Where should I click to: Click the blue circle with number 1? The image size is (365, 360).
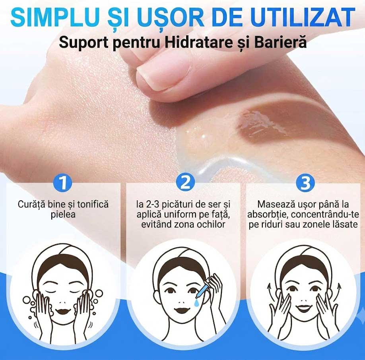pyautogui.click(x=63, y=183)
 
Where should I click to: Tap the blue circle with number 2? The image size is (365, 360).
pyautogui.click(x=185, y=182)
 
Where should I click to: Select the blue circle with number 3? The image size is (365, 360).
pyautogui.click(x=305, y=183)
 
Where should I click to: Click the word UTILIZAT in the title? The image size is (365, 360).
pyautogui.click(x=303, y=17)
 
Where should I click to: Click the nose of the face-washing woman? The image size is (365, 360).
pyautogui.click(x=62, y=302)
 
